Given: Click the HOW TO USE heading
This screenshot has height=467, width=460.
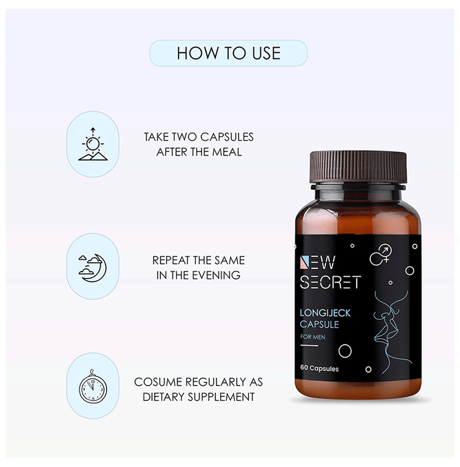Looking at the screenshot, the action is [229, 53].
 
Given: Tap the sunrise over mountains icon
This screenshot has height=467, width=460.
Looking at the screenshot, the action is [93, 144].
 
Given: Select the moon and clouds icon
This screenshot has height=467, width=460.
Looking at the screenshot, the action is [93, 268].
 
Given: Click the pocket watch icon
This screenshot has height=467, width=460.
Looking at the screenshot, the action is [93, 386].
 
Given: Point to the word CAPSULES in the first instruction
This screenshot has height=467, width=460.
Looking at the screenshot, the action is [227, 137].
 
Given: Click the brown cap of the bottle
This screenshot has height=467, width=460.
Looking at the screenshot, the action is [358, 167].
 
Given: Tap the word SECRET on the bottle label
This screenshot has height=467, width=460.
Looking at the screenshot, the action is [330, 282].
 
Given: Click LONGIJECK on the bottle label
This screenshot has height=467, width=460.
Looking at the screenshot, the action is [325, 313].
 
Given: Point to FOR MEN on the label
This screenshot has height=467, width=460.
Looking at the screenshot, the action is [313, 337].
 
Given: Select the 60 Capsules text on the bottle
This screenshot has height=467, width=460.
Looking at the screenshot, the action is [319, 368].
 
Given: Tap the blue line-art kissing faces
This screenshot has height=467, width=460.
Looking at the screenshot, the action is [392, 332].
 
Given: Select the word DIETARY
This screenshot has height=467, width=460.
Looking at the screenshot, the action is [161, 397].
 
